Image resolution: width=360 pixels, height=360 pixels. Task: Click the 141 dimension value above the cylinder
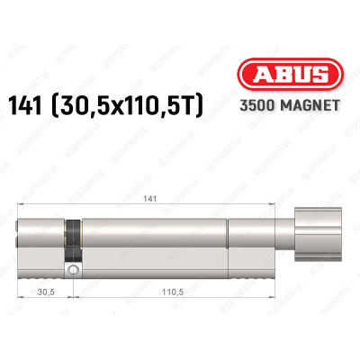[159, 204]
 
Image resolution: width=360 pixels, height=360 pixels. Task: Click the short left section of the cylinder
[41, 239]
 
